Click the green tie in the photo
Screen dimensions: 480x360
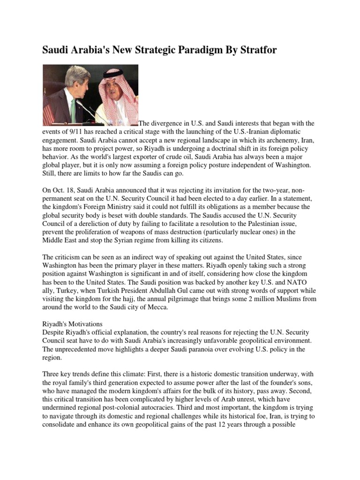pyautogui.click(x=73, y=107)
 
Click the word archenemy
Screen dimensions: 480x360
pyautogui.click(x=276, y=140)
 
